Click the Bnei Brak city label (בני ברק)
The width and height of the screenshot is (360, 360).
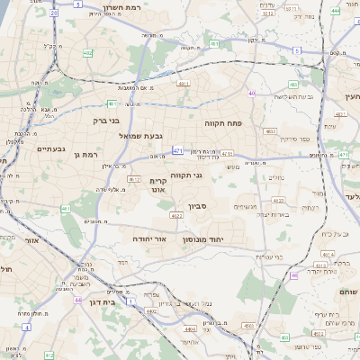tap(105, 119)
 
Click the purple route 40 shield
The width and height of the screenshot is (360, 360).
tap(252, 93)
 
